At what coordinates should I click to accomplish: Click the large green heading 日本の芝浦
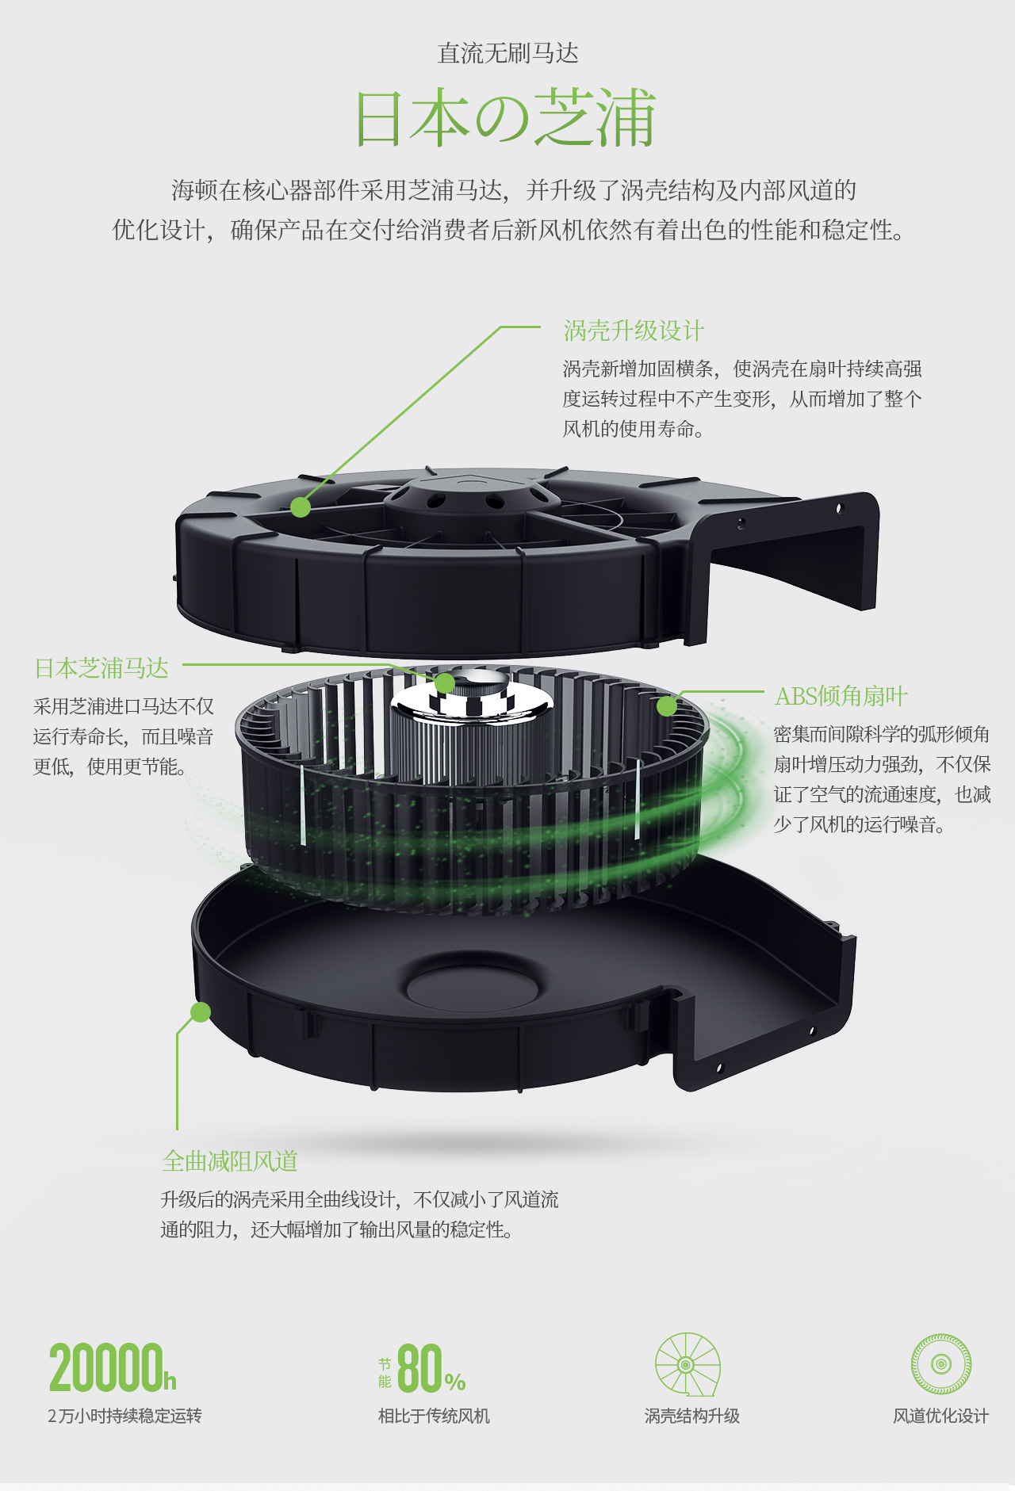506,118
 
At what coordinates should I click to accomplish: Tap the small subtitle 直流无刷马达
508,53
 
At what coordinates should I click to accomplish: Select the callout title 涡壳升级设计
634,331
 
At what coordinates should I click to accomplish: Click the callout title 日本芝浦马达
101,668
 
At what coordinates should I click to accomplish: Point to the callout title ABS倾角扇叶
841,696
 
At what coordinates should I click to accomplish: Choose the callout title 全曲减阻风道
230,1161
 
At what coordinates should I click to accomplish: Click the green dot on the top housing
301,507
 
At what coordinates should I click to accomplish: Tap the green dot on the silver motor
445,682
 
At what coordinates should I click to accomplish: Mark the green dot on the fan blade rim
667,705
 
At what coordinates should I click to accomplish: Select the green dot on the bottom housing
201,1012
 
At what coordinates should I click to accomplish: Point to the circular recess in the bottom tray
473,988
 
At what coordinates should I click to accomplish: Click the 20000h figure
113,1368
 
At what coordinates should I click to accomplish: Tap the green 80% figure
431,1368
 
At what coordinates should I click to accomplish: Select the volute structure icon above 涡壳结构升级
688,1364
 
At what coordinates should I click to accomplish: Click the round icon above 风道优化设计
941,1364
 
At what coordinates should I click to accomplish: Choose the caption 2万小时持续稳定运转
124,1416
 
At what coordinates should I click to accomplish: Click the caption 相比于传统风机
434,1416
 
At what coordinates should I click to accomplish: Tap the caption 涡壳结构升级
692,1416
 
